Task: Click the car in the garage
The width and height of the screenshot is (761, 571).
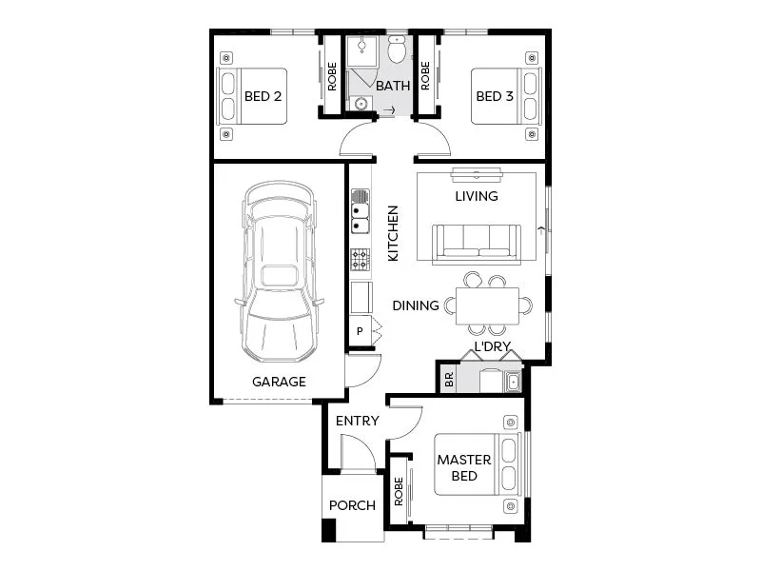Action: (x=278, y=273)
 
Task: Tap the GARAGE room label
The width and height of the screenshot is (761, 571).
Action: (x=279, y=382)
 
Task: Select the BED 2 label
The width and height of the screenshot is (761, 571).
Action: (x=263, y=96)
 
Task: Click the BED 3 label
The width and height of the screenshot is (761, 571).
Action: (x=495, y=96)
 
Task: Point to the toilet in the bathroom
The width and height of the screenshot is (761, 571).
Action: (x=397, y=49)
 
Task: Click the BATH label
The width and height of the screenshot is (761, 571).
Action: (x=393, y=86)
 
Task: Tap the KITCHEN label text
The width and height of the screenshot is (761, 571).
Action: (x=392, y=234)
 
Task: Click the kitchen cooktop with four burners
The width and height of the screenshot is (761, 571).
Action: (x=361, y=259)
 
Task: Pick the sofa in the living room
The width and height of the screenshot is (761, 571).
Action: (x=476, y=244)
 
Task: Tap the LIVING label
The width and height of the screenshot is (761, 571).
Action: (x=476, y=196)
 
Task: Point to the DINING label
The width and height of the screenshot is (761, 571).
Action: (x=416, y=305)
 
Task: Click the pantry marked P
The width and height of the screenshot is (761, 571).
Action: (x=361, y=331)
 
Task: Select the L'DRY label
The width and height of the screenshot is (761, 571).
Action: (x=495, y=347)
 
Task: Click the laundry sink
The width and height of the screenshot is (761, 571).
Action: (x=513, y=382)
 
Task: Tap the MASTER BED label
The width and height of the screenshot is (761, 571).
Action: (x=464, y=467)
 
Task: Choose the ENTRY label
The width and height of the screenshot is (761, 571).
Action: (x=357, y=421)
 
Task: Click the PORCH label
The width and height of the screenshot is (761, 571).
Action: (x=352, y=505)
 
